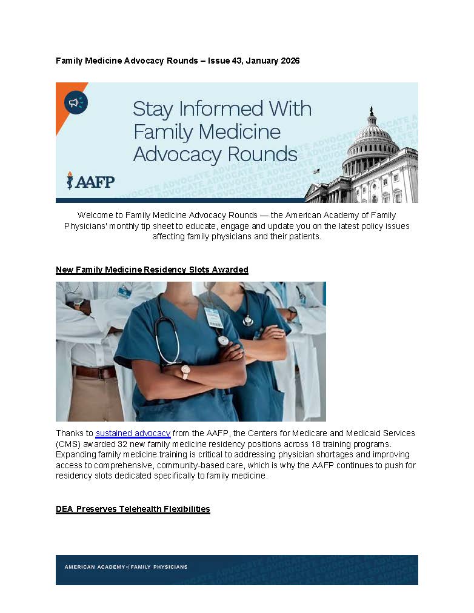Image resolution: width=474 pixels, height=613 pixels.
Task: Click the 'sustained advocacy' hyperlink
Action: pyautogui.click(x=133, y=433)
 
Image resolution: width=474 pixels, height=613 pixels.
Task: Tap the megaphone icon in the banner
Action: pyautogui.click(x=76, y=102)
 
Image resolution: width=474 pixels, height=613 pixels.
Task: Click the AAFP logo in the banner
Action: pyautogui.click(x=90, y=181)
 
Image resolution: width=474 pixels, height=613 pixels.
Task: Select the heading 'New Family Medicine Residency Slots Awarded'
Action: pyautogui.click(x=152, y=270)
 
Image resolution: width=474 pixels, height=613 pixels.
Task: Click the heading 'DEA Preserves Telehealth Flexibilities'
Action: pyautogui.click(x=133, y=509)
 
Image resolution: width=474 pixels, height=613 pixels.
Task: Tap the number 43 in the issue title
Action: pyautogui.click(x=237, y=61)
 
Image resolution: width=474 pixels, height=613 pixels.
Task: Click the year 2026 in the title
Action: pyautogui.click(x=289, y=61)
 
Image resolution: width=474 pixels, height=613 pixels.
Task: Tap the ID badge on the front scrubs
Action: pyautogui.click(x=213, y=317)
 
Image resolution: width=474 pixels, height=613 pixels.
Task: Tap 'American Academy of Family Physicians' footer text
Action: pyautogui.click(x=125, y=567)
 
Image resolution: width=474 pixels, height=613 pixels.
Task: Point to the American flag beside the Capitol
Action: pyautogui.click(x=315, y=171)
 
